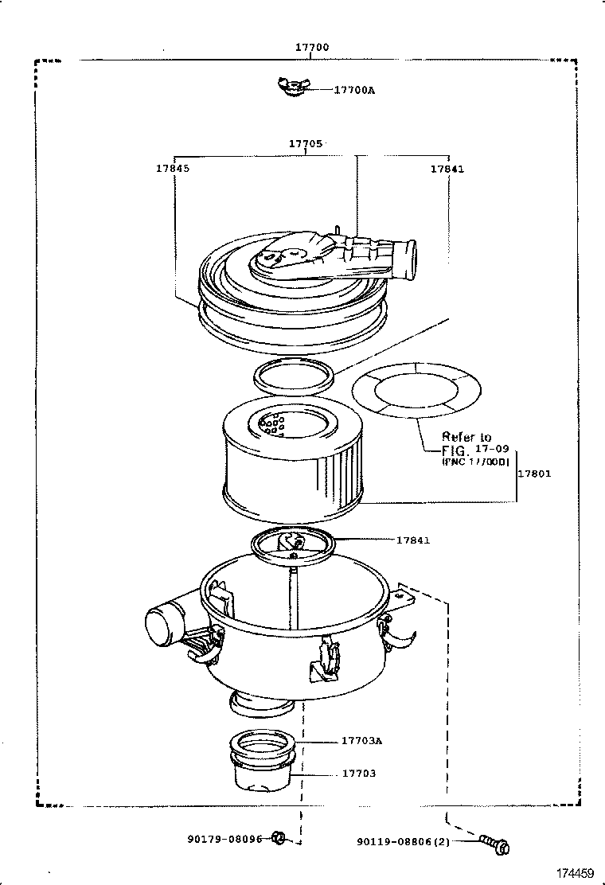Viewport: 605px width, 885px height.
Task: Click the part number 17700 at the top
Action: [311, 48]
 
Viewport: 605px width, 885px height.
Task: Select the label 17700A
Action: [353, 91]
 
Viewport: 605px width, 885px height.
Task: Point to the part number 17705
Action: [306, 144]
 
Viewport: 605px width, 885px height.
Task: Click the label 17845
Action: [173, 169]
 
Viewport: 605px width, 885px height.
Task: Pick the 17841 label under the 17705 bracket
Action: [447, 169]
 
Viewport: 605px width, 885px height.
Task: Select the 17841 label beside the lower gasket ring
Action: [413, 540]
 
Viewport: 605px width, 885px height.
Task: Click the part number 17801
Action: [534, 474]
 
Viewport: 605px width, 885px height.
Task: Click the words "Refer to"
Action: [466, 437]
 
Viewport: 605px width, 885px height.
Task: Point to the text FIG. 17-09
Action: [474, 450]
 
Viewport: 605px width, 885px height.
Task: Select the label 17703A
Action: [362, 741]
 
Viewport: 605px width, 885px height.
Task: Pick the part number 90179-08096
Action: [225, 838]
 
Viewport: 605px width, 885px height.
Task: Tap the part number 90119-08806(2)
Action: [414, 840]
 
